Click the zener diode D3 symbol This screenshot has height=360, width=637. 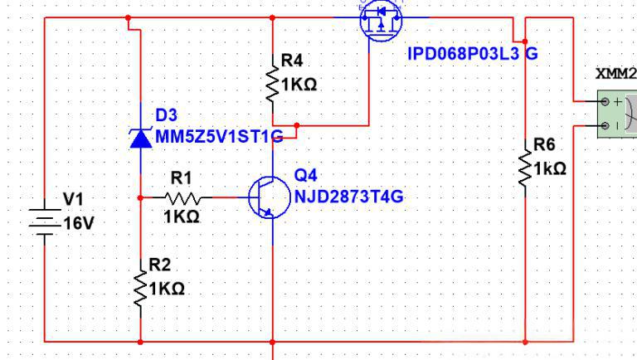click(x=140, y=139)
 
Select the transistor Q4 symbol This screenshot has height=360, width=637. click(x=270, y=197)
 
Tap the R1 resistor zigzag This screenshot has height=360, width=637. click(x=182, y=198)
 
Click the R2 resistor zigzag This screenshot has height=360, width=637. click(x=140, y=289)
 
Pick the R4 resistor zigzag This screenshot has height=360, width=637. click(x=272, y=83)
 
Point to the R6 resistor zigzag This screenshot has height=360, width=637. click(x=525, y=168)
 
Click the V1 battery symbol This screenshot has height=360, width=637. click(x=45, y=222)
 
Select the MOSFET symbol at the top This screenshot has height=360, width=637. click(x=381, y=20)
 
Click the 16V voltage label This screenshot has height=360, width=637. click(x=79, y=223)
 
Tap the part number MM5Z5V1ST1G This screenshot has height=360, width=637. click(x=219, y=137)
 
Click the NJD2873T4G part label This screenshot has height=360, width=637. click(x=349, y=197)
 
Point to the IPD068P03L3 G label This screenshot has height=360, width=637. click(x=473, y=54)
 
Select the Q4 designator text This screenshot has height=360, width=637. click(x=305, y=176)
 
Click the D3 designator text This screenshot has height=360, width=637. click(x=167, y=115)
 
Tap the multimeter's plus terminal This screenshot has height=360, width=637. click(x=605, y=101)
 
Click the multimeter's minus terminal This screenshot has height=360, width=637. click(x=605, y=125)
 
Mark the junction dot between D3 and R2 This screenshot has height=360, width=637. click(x=140, y=198)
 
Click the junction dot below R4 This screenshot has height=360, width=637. click(x=297, y=125)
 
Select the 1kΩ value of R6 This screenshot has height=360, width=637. click(x=550, y=168)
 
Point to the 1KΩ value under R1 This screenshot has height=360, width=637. click(x=182, y=217)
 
